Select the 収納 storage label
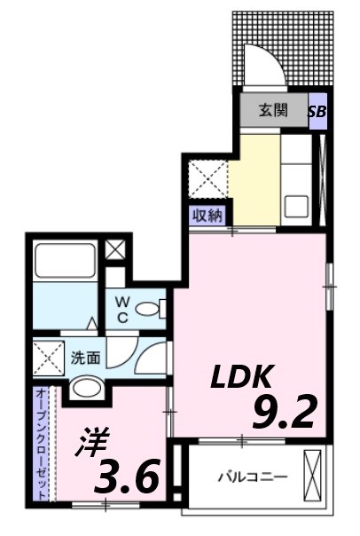tap(209, 215)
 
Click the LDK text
tap(239, 378)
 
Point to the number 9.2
tap(284, 412)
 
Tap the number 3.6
tap(130, 478)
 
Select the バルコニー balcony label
tap(253, 477)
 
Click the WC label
tap(123, 310)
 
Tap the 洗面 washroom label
tap(85, 359)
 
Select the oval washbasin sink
tap(86, 387)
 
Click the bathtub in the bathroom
tap(64, 262)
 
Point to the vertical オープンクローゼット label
tap(43, 444)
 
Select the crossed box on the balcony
tap(312, 476)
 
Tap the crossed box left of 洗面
tap(47, 359)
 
